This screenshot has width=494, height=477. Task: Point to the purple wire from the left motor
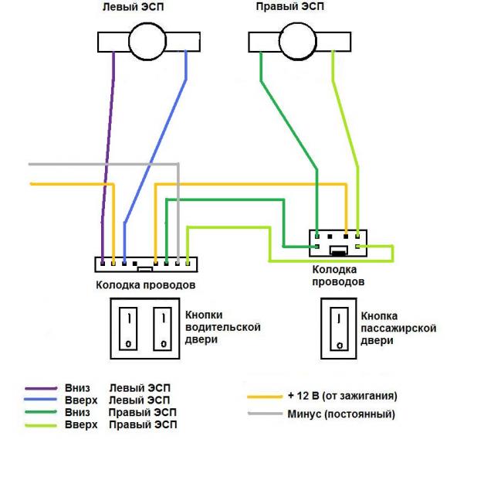tap(108, 139)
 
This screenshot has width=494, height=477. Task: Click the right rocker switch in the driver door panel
tap(161, 328)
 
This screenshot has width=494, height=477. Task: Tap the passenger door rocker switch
tap(338, 328)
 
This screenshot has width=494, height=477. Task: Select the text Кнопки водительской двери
tap(222, 327)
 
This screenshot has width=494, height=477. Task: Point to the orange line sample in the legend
tap(265, 396)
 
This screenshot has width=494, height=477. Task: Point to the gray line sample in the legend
tap(265, 414)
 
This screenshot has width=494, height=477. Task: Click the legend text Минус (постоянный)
tap(340, 414)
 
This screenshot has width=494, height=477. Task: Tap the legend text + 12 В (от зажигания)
tap(342, 396)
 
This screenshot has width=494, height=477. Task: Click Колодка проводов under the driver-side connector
tap(145, 285)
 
